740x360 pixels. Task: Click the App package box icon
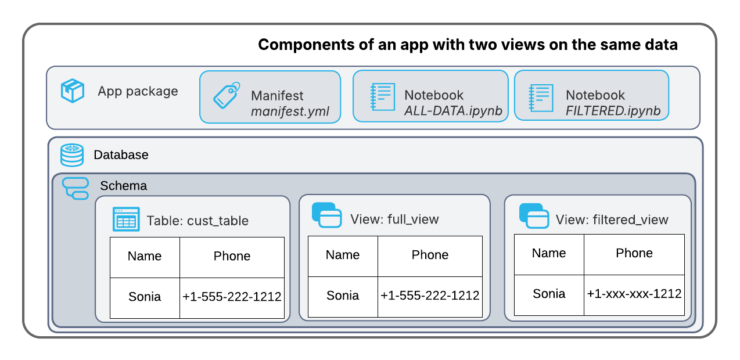tap(73, 91)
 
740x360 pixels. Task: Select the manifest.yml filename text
tap(290, 111)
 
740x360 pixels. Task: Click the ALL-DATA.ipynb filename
tap(452, 111)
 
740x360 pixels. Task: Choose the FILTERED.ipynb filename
tap(613, 111)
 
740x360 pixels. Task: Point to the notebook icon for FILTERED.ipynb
tap(540, 97)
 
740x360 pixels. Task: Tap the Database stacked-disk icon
tap(72, 155)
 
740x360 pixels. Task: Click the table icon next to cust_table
tap(126, 220)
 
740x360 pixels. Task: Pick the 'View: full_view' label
tap(394, 219)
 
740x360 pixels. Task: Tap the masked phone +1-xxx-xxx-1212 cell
tap(634, 294)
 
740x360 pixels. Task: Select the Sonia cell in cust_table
tap(145, 297)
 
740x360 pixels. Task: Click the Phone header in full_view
tap(430, 255)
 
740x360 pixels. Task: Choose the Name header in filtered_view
tap(548, 253)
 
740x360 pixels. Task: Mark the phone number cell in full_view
tap(430, 296)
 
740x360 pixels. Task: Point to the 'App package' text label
tap(138, 91)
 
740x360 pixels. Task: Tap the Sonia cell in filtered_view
tap(548, 294)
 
